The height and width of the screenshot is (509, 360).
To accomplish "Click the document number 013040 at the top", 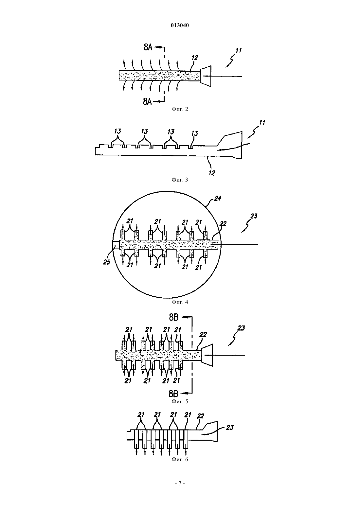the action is (180, 25).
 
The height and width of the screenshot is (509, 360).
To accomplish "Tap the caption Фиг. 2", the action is (180, 109).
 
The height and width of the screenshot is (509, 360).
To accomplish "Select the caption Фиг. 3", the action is (180, 180).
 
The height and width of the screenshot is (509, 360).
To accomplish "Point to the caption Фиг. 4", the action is (180, 302).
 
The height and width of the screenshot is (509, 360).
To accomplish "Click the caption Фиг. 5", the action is (180, 401).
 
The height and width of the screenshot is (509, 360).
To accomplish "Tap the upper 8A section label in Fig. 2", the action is (148, 47).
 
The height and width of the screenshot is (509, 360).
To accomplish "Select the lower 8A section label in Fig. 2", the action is (147, 102).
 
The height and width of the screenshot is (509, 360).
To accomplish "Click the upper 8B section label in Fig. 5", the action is (174, 317).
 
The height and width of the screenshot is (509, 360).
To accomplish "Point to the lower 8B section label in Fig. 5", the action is (174, 394).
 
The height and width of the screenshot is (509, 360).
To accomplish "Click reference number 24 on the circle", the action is (218, 198).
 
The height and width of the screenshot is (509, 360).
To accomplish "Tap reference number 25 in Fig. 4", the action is (106, 262).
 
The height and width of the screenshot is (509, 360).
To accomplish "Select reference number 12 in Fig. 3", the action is (212, 173).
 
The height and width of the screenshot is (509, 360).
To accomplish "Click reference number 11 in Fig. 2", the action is (238, 50).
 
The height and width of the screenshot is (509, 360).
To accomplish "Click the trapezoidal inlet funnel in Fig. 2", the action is (206, 76).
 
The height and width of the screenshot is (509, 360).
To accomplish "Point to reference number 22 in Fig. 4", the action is (223, 224).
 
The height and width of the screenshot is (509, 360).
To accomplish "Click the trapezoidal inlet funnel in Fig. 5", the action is (207, 355).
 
